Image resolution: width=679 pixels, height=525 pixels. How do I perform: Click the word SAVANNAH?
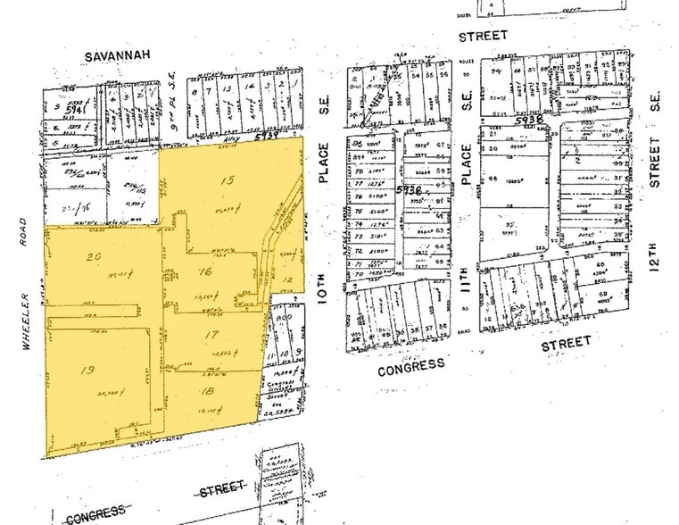[114, 55]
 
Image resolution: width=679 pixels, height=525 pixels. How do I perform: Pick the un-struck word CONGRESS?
[410, 366]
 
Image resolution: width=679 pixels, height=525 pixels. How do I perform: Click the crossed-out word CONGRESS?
[95, 514]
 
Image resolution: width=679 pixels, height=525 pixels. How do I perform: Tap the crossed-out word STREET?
[221, 489]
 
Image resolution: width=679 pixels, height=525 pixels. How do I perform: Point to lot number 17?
[211, 334]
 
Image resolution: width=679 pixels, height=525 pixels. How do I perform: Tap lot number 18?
[208, 390]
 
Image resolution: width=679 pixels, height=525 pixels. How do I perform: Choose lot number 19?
[87, 371]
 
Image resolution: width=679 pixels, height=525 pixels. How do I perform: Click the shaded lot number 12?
[287, 279]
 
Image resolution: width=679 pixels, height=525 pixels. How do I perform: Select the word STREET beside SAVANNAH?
[483, 36]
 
